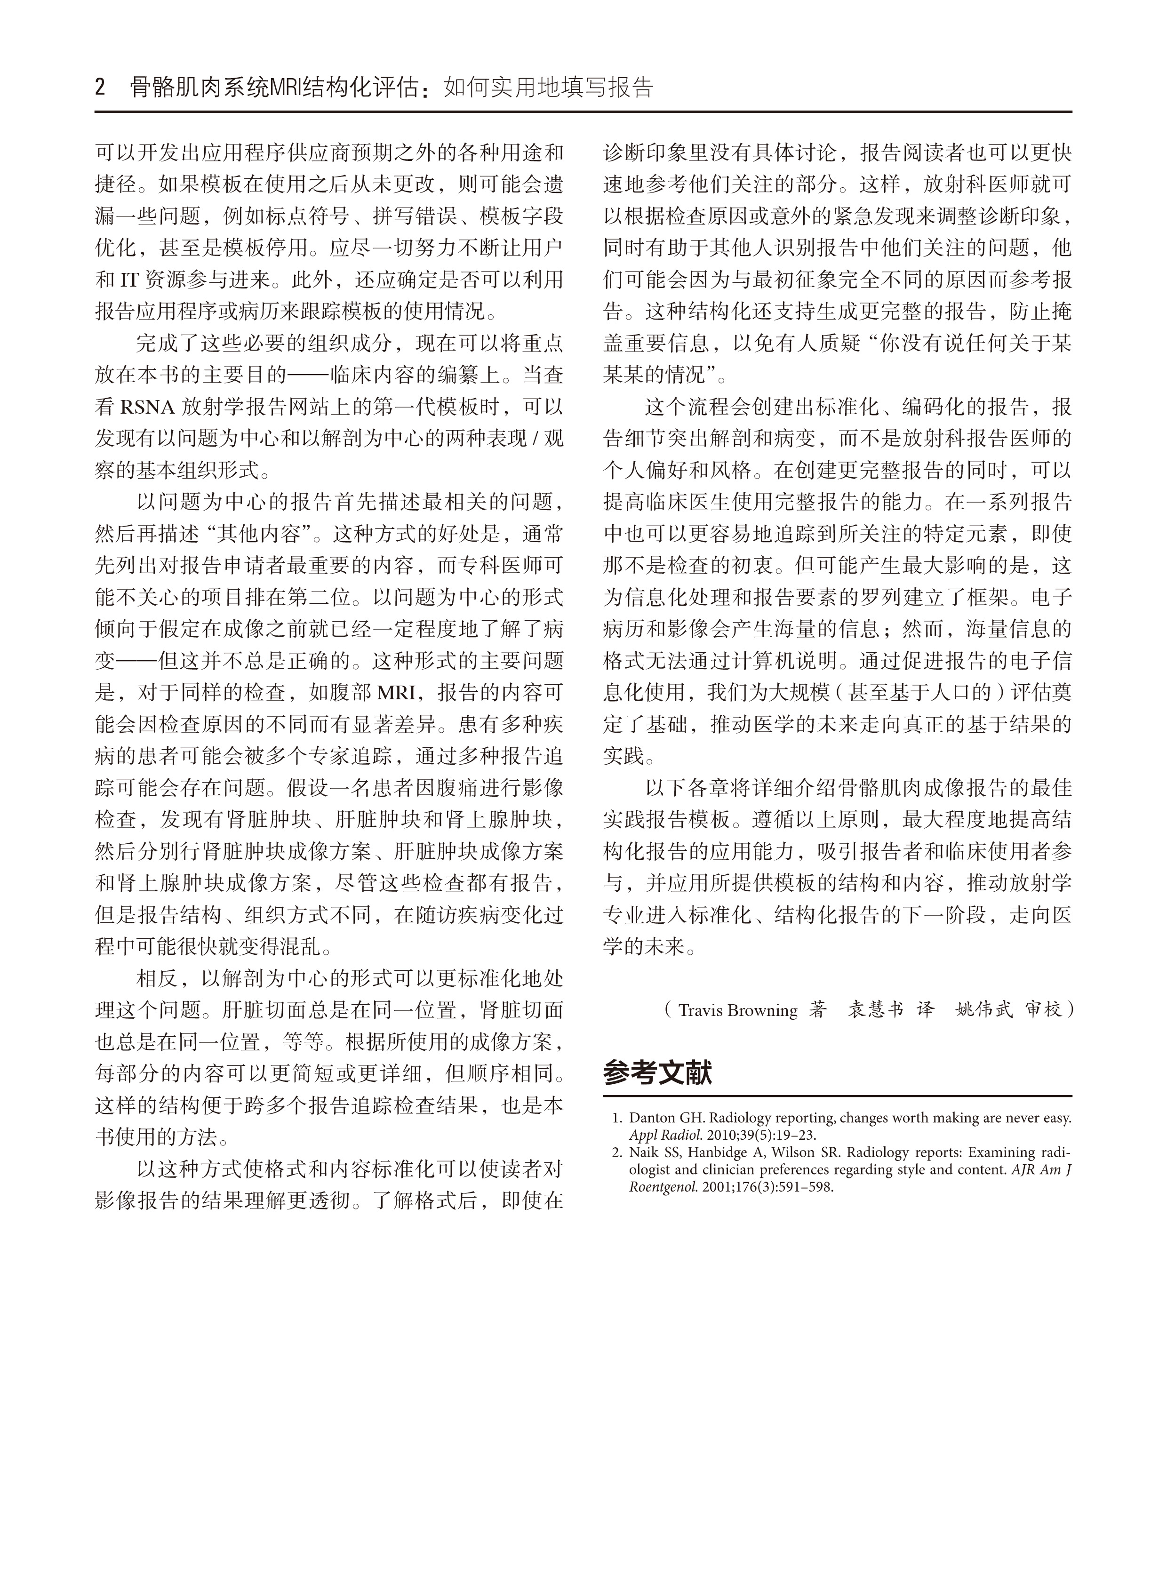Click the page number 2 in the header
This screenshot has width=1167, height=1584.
[x=100, y=88]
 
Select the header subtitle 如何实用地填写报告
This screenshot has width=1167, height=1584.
[x=548, y=88]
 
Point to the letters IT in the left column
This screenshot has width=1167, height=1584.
[x=128, y=280]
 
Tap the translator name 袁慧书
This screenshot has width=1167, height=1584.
[x=876, y=1010]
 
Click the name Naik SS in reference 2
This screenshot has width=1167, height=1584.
[x=651, y=1153]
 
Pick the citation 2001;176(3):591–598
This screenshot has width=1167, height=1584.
[x=768, y=1187]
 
